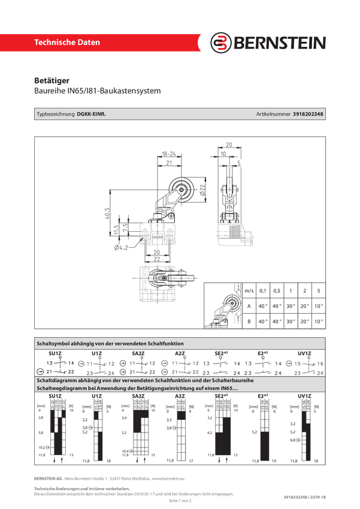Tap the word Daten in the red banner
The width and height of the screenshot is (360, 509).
(x=86, y=43)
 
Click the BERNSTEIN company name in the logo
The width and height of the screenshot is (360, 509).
(x=280, y=43)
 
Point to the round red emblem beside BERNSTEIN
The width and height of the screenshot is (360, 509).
(x=222, y=43)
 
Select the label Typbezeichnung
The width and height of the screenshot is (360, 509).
(x=56, y=114)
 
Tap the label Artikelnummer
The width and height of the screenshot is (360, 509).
(x=273, y=114)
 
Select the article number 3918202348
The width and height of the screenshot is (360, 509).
(x=308, y=114)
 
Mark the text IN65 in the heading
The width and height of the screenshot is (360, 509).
(x=228, y=389)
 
